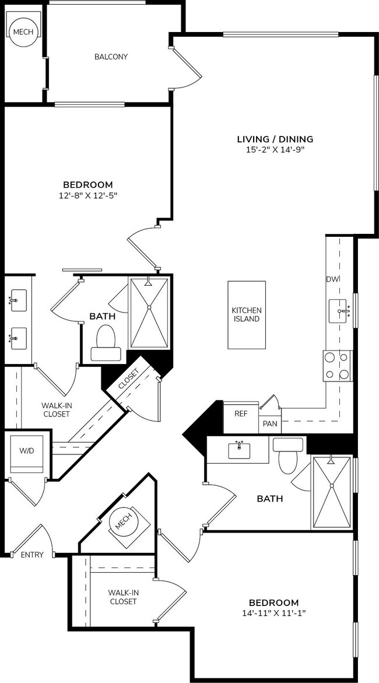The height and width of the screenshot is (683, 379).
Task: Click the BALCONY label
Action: [x=111, y=57]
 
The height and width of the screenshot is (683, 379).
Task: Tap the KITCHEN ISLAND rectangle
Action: [x=247, y=315]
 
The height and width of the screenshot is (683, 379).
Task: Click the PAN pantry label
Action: [x=270, y=423]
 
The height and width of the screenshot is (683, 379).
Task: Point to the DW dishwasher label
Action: [x=332, y=279]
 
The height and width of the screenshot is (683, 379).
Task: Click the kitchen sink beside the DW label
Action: [x=340, y=311]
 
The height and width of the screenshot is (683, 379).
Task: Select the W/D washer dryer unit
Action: [x=27, y=453]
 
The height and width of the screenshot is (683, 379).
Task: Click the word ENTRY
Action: [x=32, y=555]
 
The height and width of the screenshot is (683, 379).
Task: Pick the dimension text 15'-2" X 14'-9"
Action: [x=275, y=149]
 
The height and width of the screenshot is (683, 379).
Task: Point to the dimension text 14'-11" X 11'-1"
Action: [x=273, y=613]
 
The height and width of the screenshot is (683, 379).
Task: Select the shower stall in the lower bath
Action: [x=332, y=491]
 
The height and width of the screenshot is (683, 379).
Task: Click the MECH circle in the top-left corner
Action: [x=23, y=33]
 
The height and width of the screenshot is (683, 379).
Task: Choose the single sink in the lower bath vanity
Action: [x=239, y=449]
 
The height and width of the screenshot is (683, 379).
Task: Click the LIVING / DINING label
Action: [x=275, y=139]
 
